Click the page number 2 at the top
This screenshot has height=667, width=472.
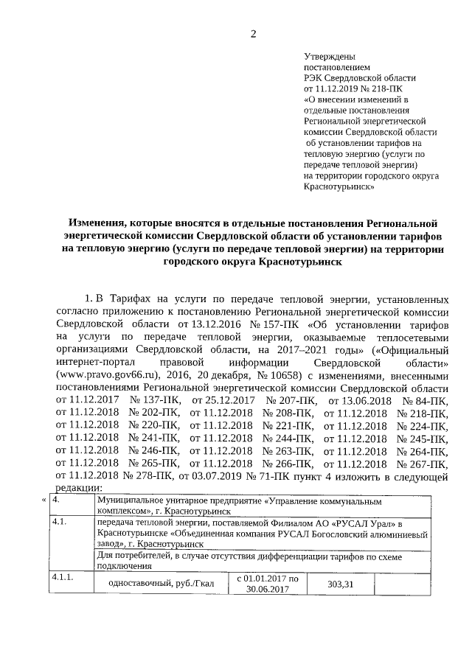[x=253, y=34]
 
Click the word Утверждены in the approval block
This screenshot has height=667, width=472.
[x=330, y=57]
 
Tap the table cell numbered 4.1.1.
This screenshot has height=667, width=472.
[x=63, y=577]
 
